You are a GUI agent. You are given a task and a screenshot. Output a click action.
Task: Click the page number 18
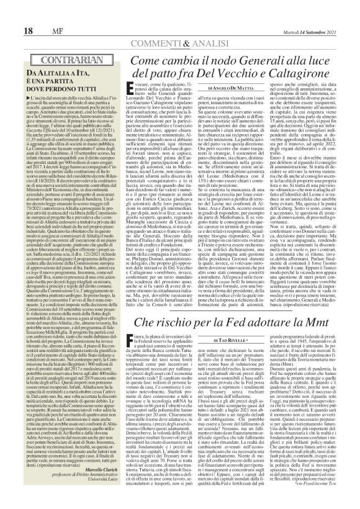[x=12, y=13]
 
